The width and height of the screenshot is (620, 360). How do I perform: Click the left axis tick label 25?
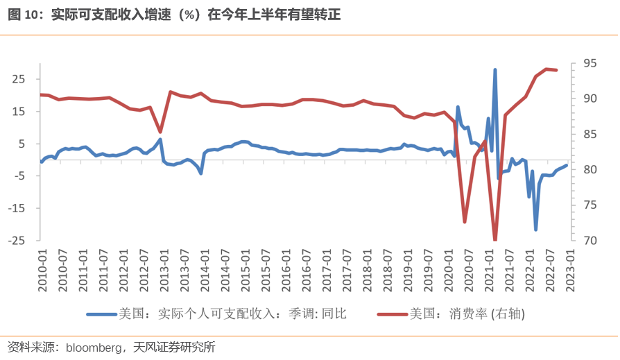pos(19,79)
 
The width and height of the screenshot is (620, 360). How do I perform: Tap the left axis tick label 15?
pos(19,112)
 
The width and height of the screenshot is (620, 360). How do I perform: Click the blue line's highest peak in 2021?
pos(495,70)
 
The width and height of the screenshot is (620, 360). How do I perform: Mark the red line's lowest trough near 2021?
pos(495,239)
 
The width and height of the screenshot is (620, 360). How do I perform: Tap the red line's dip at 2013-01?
pos(160,132)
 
